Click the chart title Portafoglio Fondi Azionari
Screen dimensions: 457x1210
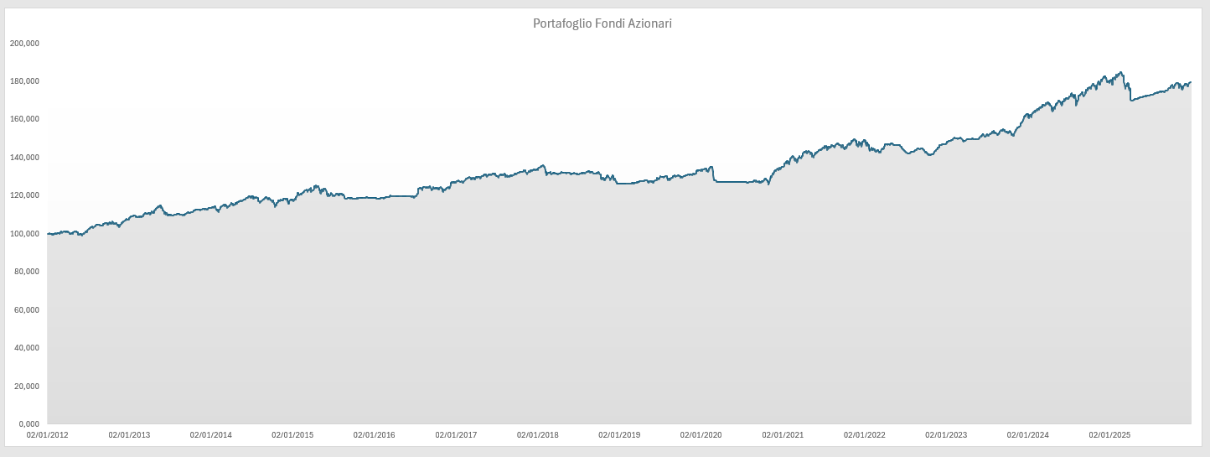pos(602,23)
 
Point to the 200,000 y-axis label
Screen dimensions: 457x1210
pos(24,43)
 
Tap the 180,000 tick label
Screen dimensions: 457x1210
pos(24,81)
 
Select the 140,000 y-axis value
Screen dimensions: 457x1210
pos(24,158)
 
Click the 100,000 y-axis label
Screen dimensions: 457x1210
pos(24,233)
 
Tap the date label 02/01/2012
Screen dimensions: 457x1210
pos(48,435)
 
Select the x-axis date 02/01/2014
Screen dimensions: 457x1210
pos(211,435)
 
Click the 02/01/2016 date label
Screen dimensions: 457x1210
pos(375,435)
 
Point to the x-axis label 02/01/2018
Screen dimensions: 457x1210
pos(538,435)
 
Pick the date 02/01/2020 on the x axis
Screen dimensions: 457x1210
pos(701,435)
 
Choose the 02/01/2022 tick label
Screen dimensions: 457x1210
pos(864,435)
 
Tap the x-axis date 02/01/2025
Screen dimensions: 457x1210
pos(1109,435)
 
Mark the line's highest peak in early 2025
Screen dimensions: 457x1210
pos(1121,72)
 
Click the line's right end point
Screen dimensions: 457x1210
pos(1191,82)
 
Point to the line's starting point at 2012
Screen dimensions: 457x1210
pos(49,234)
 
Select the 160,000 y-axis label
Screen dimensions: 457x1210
pos(24,119)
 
